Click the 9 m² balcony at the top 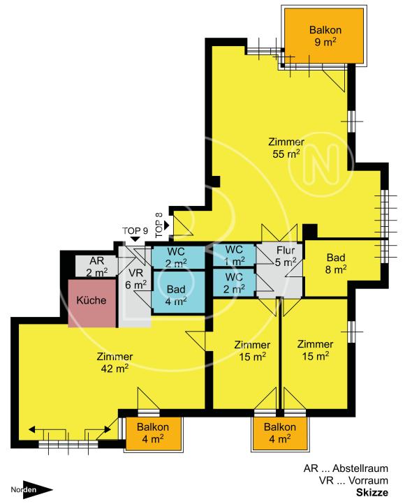[x=324, y=36]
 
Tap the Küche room [x=92, y=304]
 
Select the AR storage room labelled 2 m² [x=96, y=266]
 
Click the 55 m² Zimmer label [x=286, y=148]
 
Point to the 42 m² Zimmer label [x=115, y=362]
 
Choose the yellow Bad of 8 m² [x=336, y=263]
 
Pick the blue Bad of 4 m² [x=178, y=292]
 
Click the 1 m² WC [x=235, y=255]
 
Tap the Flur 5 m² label [x=286, y=256]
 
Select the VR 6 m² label [x=136, y=279]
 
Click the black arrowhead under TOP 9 [x=135, y=239]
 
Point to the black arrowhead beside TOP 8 [x=166, y=225]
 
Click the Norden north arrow [x=31, y=490]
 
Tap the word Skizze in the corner [x=372, y=493]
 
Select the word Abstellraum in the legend [x=360, y=468]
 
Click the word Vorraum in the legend [x=369, y=480]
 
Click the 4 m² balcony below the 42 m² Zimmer [x=154, y=433]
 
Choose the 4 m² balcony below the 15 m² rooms [x=280, y=433]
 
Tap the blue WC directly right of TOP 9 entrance [x=178, y=257]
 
